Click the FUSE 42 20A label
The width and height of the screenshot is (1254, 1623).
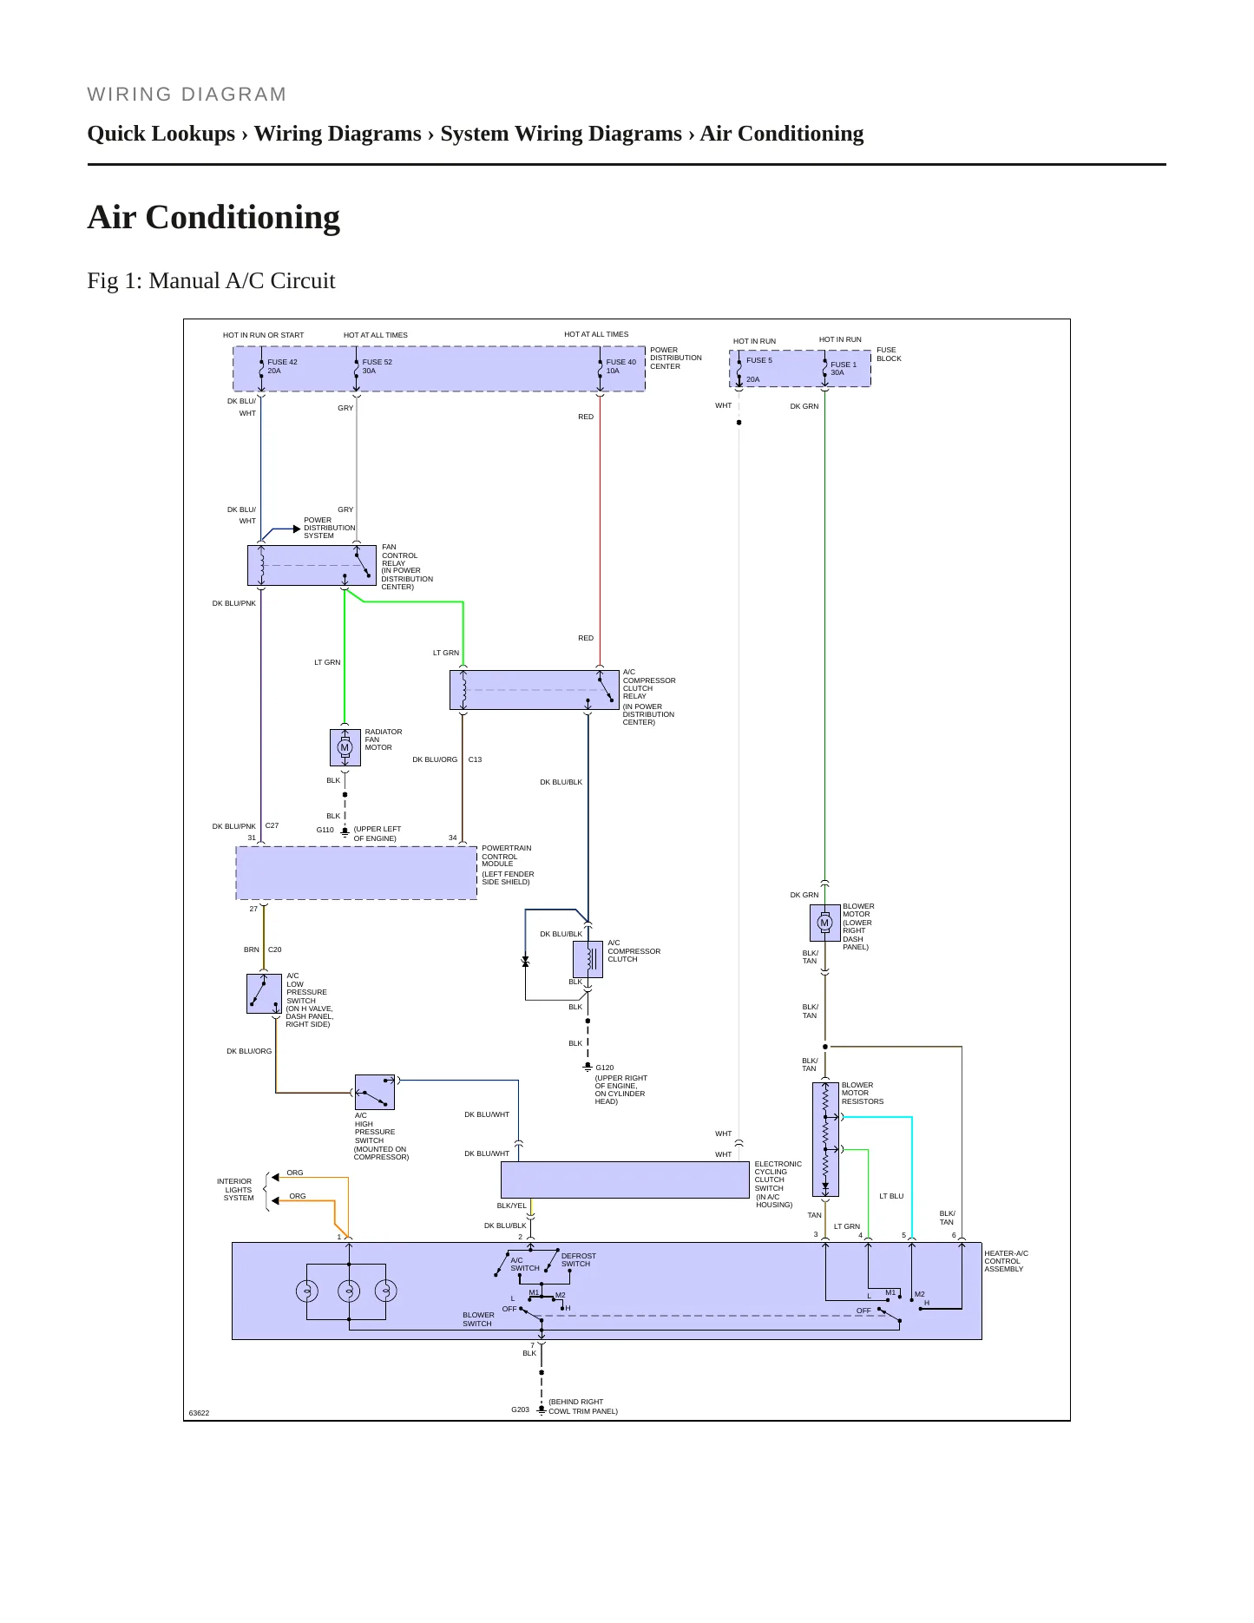(x=282, y=366)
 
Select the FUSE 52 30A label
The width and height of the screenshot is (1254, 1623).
(x=378, y=366)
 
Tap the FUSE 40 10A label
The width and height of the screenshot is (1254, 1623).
(x=620, y=366)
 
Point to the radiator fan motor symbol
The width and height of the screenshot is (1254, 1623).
(x=345, y=747)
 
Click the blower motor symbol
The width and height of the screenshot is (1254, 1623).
(x=824, y=923)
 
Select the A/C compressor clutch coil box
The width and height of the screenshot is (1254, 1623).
(x=588, y=959)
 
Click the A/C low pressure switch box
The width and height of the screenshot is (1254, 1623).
(x=264, y=994)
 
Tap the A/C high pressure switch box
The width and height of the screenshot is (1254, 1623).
(x=375, y=1092)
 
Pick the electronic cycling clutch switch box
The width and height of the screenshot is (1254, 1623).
(x=625, y=1179)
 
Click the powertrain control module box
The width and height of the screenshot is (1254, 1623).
(x=357, y=873)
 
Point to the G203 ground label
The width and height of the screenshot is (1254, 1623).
(x=520, y=1409)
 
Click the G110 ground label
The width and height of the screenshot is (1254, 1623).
(x=325, y=830)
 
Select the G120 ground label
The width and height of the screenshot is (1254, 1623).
(x=605, y=1068)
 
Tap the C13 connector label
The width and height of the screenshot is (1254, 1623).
(x=475, y=759)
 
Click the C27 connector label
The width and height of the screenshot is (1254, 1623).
(x=272, y=825)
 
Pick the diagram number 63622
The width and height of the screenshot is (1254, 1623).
(x=199, y=1413)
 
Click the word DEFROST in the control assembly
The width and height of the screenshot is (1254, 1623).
(x=578, y=1256)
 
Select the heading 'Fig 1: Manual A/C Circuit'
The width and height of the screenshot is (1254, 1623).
(x=211, y=280)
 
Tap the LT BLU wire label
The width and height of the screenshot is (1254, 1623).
(x=891, y=1196)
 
